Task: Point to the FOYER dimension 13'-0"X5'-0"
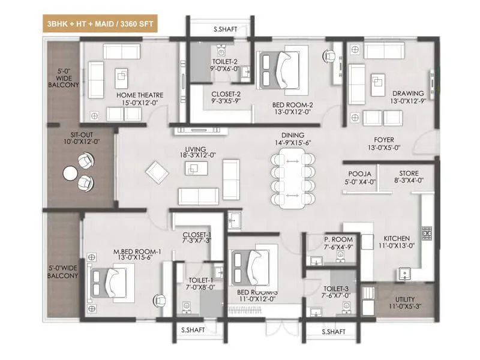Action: (x=384, y=147)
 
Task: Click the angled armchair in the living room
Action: (x=157, y=171)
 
